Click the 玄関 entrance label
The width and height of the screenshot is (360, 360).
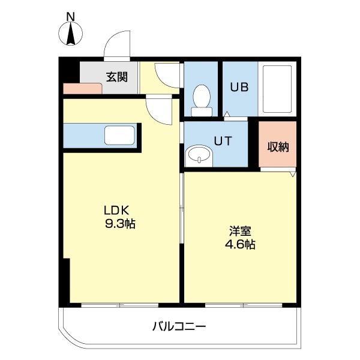tap(117, 77)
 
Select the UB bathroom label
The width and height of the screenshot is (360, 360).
tap(241, 86)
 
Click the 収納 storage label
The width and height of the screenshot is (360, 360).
tap(278, 146)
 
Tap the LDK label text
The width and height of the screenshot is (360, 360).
tap(117, 211)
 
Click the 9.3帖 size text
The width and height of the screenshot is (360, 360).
tap(120, 224)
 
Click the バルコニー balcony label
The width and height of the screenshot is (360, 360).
tap(178, 327)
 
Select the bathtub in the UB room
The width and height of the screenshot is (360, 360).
tap(277, 89)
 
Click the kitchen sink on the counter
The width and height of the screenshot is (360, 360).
tap(119, 134)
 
